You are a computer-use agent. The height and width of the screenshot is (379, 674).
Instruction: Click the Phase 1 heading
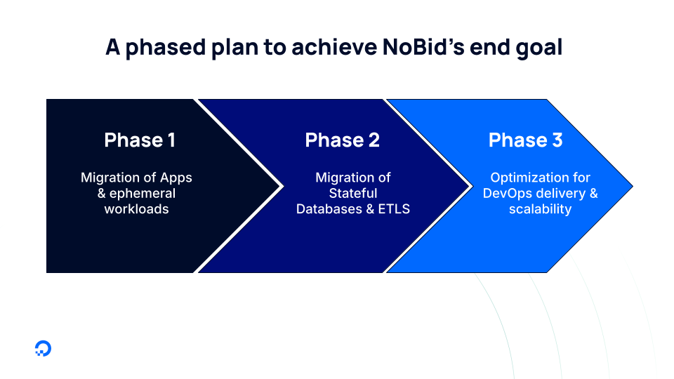click(140, 140)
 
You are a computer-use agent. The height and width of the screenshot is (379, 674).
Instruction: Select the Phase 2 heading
click(342, 140)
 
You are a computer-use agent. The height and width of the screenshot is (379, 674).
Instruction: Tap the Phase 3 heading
click(525, 140)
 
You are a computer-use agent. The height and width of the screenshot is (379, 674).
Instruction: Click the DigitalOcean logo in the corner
click(43, 349)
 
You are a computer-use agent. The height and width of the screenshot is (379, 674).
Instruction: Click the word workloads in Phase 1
click(136, 209)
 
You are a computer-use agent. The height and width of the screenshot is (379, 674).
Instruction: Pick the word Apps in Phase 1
click(176, 178)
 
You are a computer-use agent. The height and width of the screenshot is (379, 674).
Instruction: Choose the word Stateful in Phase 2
click(353, 193)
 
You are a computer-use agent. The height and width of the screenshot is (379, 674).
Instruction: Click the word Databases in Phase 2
click(330, 209)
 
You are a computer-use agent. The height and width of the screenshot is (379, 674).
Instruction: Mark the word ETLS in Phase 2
click(394, 209)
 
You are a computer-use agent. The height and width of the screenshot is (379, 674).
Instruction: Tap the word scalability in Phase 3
click(540, 209)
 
